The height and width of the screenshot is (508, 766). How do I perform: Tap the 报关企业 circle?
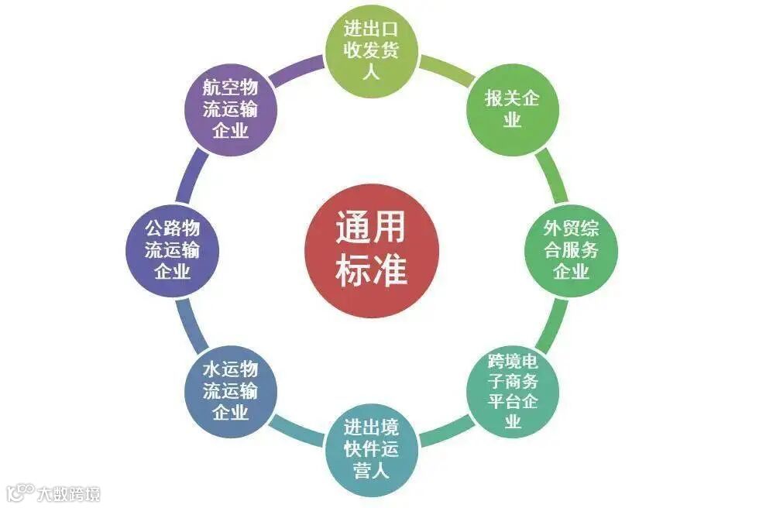(512, 109)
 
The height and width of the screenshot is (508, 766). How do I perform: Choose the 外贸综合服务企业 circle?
(571, 250)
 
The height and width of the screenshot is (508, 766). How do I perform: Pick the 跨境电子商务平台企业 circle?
(512, 391)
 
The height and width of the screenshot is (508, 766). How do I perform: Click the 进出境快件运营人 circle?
(372, 450)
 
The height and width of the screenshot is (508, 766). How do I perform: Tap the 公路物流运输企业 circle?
(173, 250)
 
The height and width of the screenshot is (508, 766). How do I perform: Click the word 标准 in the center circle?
(372, 271)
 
